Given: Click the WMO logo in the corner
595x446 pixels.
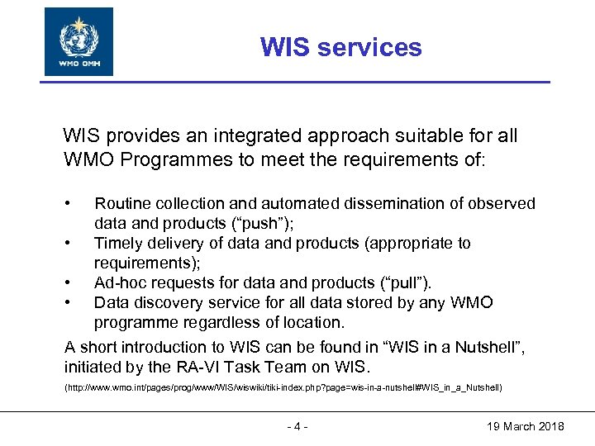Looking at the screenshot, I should pos(79,41).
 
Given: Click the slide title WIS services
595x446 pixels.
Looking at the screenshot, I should pos(340,47).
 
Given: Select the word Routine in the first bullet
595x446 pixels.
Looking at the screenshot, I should pos(122,203).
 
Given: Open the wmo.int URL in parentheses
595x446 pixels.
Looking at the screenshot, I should pos(283,387).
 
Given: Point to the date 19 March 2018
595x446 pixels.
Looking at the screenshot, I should pos(526,426).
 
